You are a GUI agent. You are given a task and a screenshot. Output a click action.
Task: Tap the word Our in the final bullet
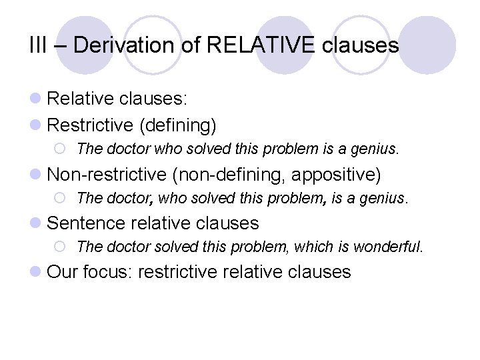[x=63, y=271]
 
